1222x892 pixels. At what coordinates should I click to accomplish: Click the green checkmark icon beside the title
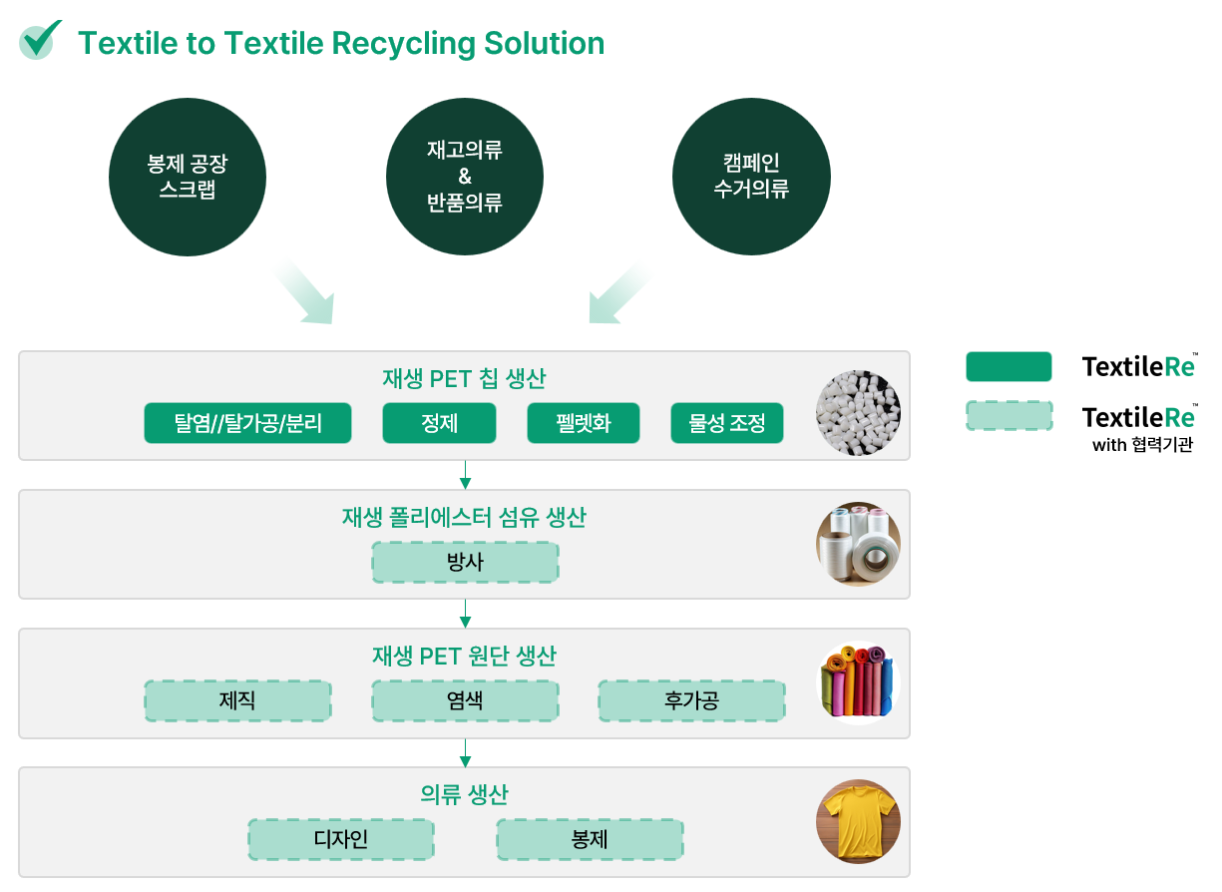38,40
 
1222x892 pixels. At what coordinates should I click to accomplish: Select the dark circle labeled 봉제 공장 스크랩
188,177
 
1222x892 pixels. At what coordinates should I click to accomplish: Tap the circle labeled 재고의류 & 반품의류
465,177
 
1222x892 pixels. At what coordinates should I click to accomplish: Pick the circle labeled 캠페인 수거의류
752,177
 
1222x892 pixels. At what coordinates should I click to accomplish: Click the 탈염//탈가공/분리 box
247,423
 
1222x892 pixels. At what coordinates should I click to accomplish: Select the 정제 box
439,423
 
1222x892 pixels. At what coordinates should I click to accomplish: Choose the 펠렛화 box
584,423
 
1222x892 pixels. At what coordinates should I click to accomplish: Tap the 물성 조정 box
727,423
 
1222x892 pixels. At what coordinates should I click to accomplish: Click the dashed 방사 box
465,562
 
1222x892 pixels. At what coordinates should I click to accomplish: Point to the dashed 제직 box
237,701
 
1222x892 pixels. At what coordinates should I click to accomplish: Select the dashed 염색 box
465,701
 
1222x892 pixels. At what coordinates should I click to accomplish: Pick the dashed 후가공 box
691,701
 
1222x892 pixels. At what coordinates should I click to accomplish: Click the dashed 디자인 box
341,840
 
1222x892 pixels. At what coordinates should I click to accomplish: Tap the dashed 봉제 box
590,840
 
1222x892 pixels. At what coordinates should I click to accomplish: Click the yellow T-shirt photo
858,821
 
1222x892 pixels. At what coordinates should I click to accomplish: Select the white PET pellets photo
858,413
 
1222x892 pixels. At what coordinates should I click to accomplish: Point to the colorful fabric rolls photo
858,683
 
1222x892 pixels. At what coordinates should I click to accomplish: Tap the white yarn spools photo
858,545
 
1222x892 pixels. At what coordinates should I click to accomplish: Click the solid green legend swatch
1009,366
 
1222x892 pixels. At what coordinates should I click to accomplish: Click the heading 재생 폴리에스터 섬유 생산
464,517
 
